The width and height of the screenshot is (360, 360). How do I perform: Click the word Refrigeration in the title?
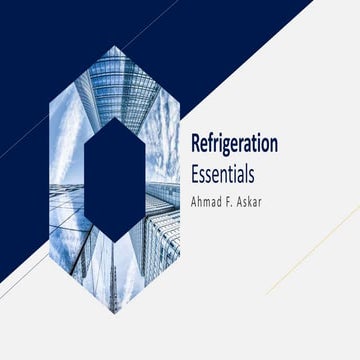coord(233,143)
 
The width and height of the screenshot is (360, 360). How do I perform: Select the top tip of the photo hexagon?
coord(113,47)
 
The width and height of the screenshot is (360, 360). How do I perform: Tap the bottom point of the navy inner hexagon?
coord(113,241)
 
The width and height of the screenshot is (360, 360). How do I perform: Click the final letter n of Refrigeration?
coord(272,143)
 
